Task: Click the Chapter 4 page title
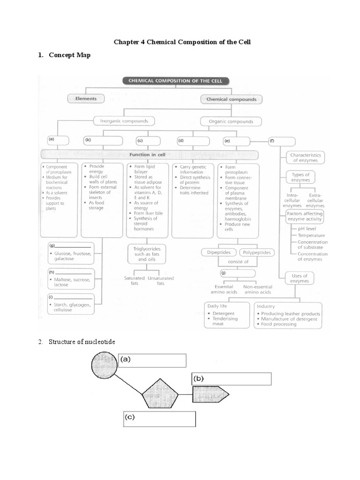point(182,42)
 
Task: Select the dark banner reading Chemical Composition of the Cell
point(176,81)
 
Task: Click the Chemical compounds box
point(231,99)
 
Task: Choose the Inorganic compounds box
point(124,121)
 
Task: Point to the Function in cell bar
point(150,154)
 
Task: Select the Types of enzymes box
point(300,177)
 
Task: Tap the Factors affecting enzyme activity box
point(305,216)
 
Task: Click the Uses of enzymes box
point(300,278)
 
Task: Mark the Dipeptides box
point(219,252)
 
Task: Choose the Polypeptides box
point(257,252)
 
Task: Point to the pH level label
point(307,228)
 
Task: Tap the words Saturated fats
point(134,280)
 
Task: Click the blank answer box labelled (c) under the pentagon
point(159,419)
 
